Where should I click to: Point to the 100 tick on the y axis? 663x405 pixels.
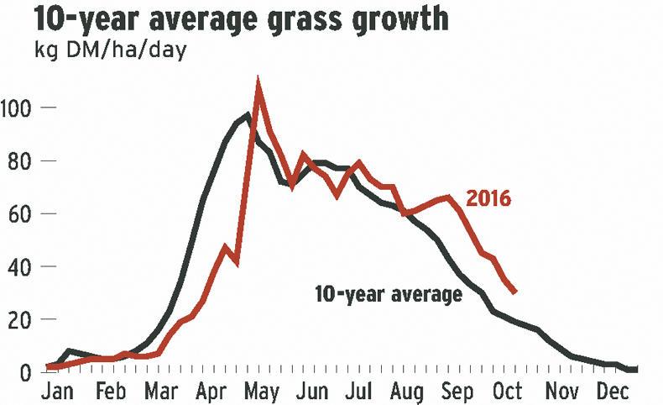18,108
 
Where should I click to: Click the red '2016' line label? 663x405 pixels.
489,199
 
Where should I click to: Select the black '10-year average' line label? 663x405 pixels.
389,295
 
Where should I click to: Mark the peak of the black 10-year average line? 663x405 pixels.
248,115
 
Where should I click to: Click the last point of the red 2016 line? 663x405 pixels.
514,292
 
